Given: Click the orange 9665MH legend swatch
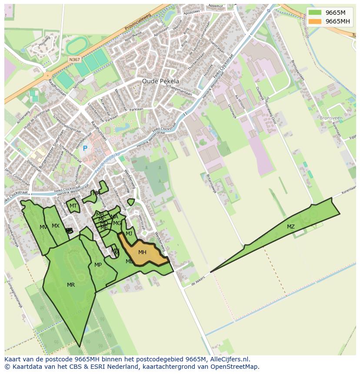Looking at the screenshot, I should pyautogui.click(x=316, y=21).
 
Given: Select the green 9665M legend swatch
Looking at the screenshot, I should pyautogui.click(x=316, y=12).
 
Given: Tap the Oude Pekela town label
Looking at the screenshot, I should pyautogui.click(x=160, y=81).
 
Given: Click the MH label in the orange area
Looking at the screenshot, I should pyautogui.click(x=142, y=252).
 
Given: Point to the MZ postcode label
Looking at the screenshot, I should pyautogui.click(x=290, y=227).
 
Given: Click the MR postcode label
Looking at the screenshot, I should pyautogui.click(x=71, y=285).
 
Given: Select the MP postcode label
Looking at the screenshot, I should pyautogui.click(x=98, y=265).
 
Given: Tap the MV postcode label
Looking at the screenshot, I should pyautogui.click(x=43, y=227).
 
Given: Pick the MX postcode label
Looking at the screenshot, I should pyautogui.click(x=56, y=226).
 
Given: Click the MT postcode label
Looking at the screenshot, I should pyautogui.click(x=73, y=206).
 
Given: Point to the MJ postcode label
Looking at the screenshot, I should pyautogui.click(x=129, y=234).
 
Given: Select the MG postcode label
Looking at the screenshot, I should pyautogui.click(x=117, y=223).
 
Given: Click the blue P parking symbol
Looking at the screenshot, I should pyautogui.click(x=85, y=149).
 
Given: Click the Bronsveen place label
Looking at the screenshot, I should pyautogui.click(x=331, y=118).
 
